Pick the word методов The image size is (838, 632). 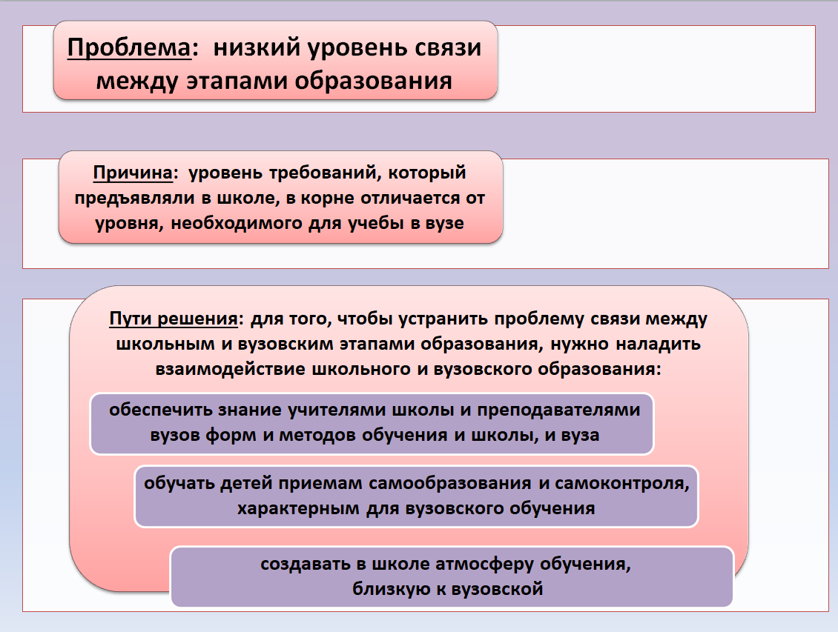(318, 435)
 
